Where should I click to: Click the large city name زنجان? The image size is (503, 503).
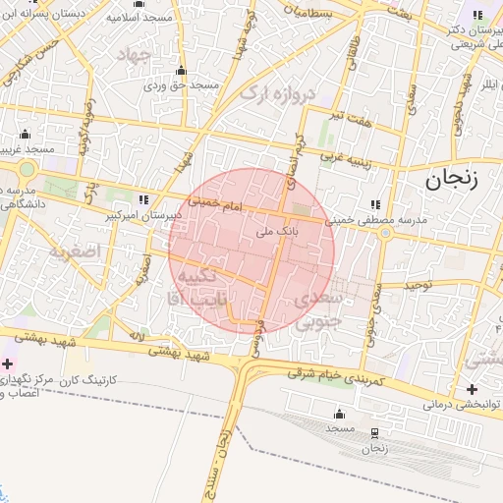(x=452, y=179)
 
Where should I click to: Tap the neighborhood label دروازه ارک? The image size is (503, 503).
(x=280, y=95)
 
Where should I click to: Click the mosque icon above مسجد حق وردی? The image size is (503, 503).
(x=181, y=71)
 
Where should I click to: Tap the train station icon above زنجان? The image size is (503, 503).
(x=374, y=433)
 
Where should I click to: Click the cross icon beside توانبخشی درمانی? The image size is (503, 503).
(x=472, y=389)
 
